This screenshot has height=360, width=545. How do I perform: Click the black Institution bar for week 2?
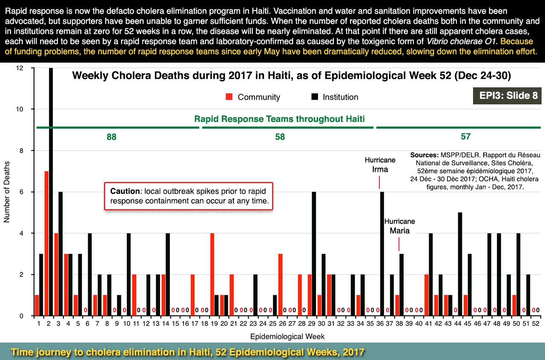click(x=51, y=192)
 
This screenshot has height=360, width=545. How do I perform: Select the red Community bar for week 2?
click(x=46, y=243)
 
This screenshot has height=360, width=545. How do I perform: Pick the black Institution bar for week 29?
click(x=314, y=254)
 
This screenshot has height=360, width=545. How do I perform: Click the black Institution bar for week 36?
click(x=382, y=254)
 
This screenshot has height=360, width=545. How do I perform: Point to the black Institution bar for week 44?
click(x=460, y=264)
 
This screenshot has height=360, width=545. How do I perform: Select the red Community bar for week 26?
click(x=280, y=285)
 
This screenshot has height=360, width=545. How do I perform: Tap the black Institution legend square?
click(x=315, y=97)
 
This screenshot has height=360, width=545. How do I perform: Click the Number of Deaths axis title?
click(x=7, y=192)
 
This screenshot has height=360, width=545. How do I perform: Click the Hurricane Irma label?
click(x=380, y=165)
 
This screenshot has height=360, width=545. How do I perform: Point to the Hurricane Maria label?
click(x=399, y=226)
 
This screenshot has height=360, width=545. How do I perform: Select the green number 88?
click(x=112, y=137)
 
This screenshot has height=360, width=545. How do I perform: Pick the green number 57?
click(x=465, y=136)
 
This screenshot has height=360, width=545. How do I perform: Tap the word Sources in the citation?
click(x=424, y=155)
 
